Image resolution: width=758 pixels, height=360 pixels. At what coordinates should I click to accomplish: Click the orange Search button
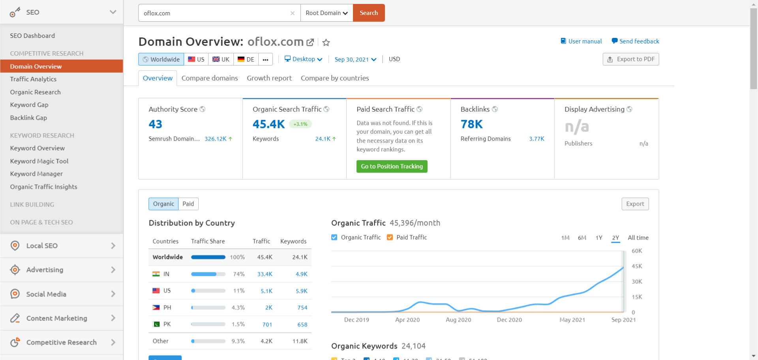click(x=368, y=13)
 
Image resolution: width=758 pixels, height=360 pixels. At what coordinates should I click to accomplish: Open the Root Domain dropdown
click(x=326, y=13)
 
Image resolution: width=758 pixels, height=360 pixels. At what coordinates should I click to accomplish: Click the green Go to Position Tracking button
click(x=392, y=167)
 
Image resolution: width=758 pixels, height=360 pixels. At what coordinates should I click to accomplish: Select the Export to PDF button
click(x=630, y=59)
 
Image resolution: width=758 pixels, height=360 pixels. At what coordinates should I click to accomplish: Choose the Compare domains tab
click(x=210, y=78)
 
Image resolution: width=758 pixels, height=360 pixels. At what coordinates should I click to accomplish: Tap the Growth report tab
click(x=269, y=78)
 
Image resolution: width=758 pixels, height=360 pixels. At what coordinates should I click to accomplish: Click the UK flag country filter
click(x=221, y=59)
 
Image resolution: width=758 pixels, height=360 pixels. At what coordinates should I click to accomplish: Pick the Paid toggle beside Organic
click(x=188, y=204)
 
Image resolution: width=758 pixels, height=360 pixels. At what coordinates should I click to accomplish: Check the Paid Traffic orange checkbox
click(x=390, y=237)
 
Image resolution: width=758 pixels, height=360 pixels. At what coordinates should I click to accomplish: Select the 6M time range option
click(x=582, y=238)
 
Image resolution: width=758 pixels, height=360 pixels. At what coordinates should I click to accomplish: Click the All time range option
click(x=638, y=238)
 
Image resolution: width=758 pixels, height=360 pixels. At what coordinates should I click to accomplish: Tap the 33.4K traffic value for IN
click(x=265, y=274)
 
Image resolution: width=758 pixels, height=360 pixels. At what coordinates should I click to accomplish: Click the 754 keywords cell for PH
click(x=302, y=307)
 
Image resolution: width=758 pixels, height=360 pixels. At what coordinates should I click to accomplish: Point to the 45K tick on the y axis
click(x=637, y=266)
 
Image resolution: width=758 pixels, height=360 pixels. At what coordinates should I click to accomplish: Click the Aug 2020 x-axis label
click(x=458, y=320)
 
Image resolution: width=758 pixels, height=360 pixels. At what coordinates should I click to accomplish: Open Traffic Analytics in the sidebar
click(x=33, y=79)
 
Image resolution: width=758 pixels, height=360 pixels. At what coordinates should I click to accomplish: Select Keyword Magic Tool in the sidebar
click(x=39, y=161)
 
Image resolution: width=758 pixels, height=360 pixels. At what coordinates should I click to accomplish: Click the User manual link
click(x=585, y=41)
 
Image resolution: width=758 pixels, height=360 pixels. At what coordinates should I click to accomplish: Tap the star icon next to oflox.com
click(x=326, y=42)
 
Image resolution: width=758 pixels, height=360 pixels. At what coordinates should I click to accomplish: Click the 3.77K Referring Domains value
click(x=537, y=139)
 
